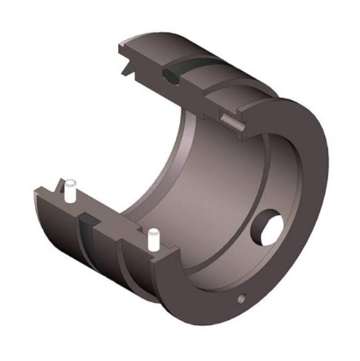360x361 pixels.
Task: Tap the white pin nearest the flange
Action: point(153,239)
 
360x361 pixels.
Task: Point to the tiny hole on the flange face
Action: point(241,298)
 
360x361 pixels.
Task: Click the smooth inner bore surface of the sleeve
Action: point(204,180)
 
